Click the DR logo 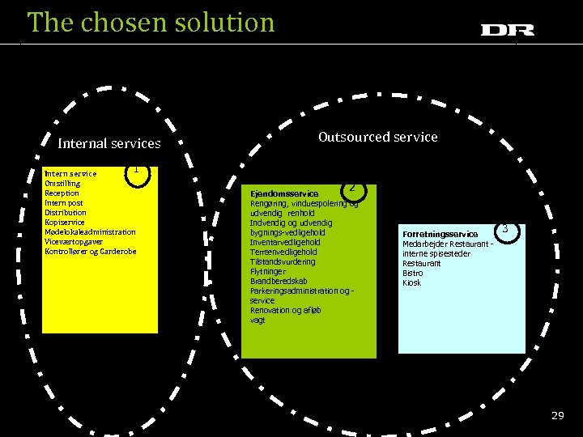coord(507,30)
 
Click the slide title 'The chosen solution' coord(151,22)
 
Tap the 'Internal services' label coord(109,144)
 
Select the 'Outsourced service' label coord(377,137)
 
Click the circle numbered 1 coord(138,172)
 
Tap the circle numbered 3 coord(504,230)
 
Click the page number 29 coord(557,415)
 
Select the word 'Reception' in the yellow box coord(62,193)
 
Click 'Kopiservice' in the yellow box coord(65,223)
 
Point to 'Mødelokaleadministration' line coord(91,232)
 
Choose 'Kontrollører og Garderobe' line coord(91,252)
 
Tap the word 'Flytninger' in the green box coord(268,272)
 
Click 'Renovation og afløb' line coord(286,310)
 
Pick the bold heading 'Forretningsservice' coord(440,235)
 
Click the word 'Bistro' coord(413,274)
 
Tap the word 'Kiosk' coord(412,283)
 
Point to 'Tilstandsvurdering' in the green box coord(283,262)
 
